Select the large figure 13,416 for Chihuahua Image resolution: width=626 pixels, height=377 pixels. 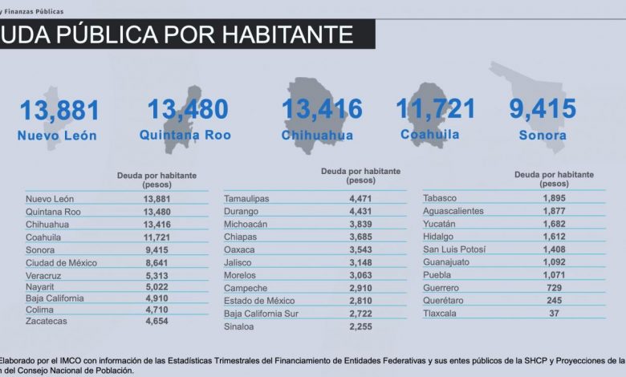click(322, 109)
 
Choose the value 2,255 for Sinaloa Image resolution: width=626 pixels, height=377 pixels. click(360, 327)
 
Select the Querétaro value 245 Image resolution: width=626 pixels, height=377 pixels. click(551, 300)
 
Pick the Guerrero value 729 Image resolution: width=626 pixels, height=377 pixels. click(551, 286)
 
